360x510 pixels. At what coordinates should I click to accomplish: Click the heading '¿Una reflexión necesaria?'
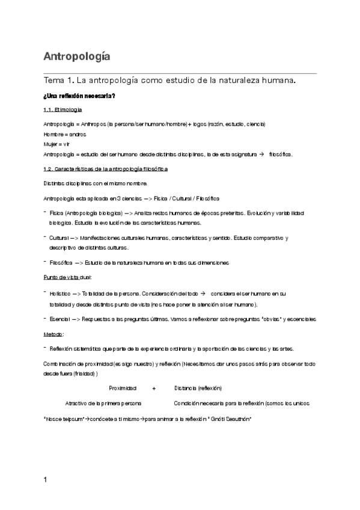click(x=79, y=96)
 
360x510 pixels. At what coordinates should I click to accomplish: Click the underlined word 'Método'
click(x=53, y=334)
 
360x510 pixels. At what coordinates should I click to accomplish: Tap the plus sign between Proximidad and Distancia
click(x=154, y=388)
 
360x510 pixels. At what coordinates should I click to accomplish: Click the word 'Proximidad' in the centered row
click(x=123, y=388)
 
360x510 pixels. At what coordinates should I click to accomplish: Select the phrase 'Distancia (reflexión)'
click(x=198, y=388)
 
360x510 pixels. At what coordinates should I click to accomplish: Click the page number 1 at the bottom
click(x=46, y=480)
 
